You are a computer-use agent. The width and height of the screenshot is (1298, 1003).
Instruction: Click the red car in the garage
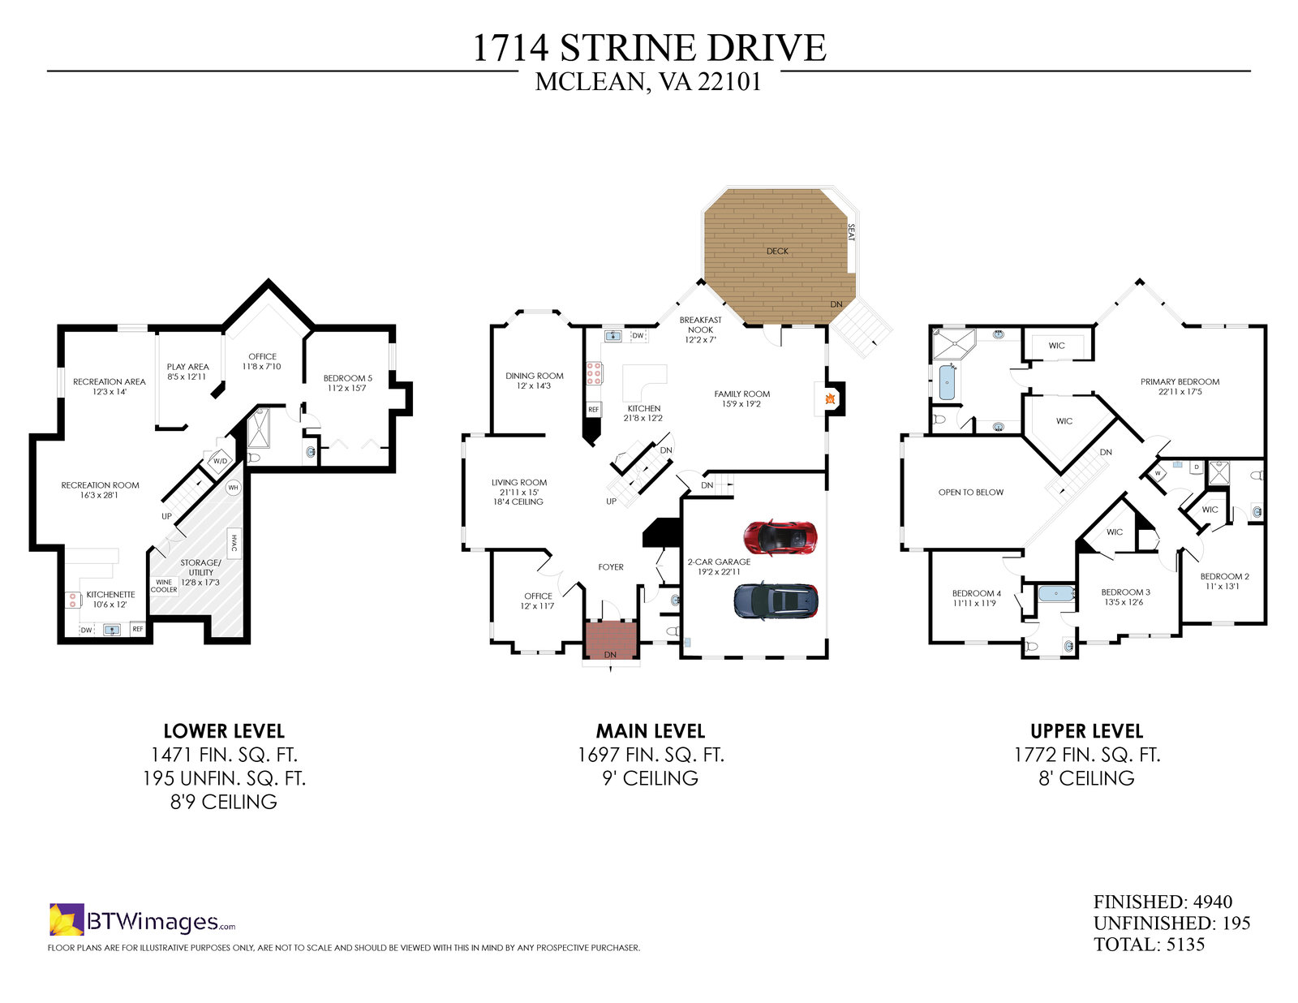coord(780,537)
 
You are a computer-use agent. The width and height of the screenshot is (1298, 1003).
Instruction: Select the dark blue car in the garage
coord(776,601)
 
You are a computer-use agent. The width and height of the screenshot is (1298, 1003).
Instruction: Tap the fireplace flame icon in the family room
coord(830,399)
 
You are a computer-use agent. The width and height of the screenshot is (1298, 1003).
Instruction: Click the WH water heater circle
coord(233,488)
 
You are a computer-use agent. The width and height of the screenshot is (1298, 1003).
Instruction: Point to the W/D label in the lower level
coord(221,461)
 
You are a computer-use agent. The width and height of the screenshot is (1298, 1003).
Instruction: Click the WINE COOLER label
coord(164,586)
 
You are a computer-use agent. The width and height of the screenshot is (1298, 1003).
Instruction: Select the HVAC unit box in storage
coord(234,543)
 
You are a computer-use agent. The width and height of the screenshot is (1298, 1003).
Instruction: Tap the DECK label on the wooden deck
coord(777,252)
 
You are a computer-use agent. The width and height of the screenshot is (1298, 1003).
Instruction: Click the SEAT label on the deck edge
coord(851,232)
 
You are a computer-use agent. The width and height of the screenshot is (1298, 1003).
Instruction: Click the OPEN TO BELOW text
coord(971,493)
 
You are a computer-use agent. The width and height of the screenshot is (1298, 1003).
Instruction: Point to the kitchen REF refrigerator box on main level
coord(593,410)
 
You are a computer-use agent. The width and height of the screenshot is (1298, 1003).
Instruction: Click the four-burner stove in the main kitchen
coord(594,372)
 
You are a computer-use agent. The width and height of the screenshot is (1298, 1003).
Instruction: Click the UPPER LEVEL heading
coord(1086,731)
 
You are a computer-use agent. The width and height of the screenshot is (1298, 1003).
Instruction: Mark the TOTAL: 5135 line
coord(1149,945)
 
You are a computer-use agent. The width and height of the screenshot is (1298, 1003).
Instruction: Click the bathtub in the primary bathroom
coord(948,382)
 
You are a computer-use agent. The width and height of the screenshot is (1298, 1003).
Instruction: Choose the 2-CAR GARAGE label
coord(719,562)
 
